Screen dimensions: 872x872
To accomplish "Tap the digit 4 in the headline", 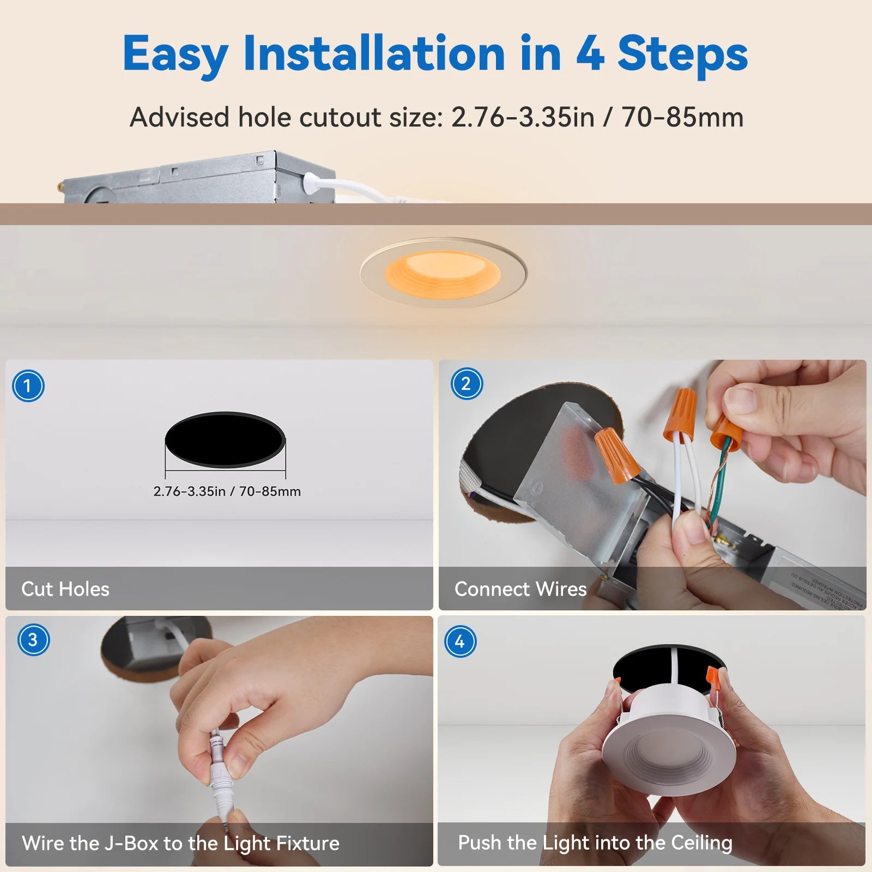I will coord(590,53).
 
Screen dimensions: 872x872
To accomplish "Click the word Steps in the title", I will coord(682,53).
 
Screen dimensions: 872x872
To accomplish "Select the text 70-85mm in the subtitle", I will coord(682,117).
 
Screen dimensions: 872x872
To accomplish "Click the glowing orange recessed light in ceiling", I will coord(442,274).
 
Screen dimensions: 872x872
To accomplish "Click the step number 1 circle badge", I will coord(28,386).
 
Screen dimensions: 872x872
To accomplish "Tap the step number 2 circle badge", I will coord(467,384).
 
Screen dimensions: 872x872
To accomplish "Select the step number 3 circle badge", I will coord(33,639).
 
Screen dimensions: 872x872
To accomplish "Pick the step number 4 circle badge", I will coord(460,641).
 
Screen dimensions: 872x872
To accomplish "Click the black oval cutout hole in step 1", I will coord(225,439).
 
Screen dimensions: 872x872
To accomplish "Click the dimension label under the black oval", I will coord(227,492).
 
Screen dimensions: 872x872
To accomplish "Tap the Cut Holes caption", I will coord(65,589).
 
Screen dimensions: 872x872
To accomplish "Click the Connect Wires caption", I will coord(520,589).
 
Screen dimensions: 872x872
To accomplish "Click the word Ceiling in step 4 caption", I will coord(701,843).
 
